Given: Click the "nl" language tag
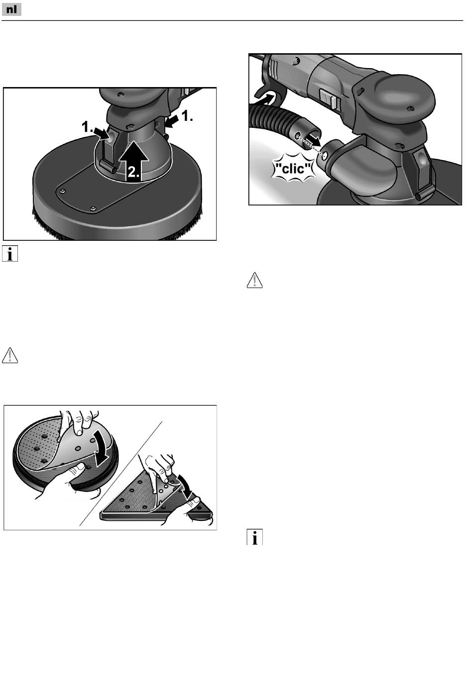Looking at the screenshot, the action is click(x=11, y=10).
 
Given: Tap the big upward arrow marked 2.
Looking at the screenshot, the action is click(x=134, y=161).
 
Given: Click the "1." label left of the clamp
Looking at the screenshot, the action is click(x=87, y=126).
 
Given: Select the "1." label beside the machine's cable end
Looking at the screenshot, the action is click(x=187, y=116).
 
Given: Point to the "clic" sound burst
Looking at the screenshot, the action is click(x=293, y=169).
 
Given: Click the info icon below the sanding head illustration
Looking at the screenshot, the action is click(x=10, y=254).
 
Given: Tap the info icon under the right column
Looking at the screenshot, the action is click(x=255, y=537).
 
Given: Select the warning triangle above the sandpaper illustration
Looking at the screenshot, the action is click(x=10, y=355).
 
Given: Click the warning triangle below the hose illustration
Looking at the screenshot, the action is click(x=255, y=280).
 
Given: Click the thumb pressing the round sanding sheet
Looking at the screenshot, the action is click(x=79, y=467).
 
